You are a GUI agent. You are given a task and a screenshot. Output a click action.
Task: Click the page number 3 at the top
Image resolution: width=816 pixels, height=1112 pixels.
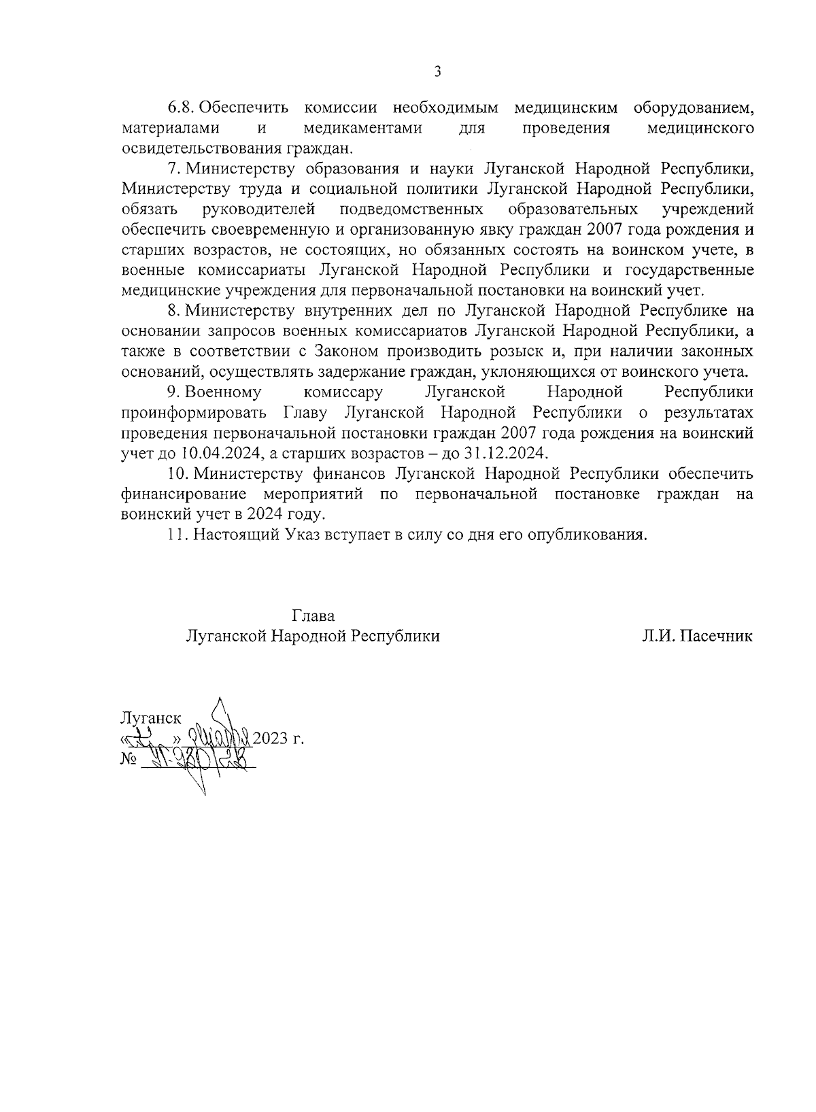pos(437,71)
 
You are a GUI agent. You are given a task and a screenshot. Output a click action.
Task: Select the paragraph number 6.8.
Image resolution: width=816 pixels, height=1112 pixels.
pos(182,108)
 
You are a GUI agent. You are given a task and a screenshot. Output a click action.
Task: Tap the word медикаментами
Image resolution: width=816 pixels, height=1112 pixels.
pos(362,129)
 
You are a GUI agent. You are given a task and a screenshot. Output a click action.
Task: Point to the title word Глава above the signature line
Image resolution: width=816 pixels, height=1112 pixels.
pos(313,616)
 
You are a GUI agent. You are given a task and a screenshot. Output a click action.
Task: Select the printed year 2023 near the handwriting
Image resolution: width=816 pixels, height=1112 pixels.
pos(270,739)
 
